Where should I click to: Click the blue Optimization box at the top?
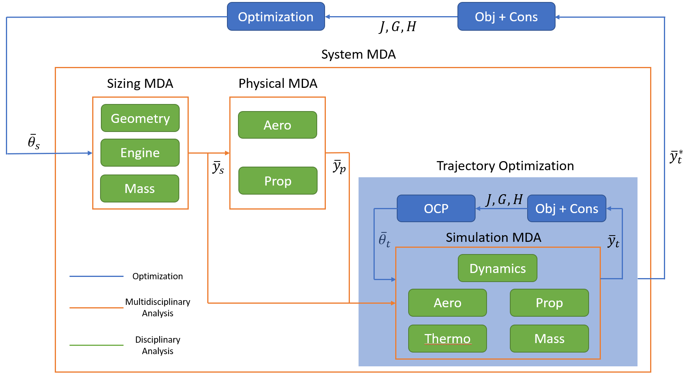[x=276, y=17]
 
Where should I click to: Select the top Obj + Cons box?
[x=506, y=17]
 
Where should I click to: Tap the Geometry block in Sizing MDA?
[x=140, y=118]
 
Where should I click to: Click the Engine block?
[x=140, y=153]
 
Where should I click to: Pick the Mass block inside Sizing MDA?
[x=140, y=189]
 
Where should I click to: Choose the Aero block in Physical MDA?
[x=277, y=125]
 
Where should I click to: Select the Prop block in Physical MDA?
[x=278, y=181]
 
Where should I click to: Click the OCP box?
[x=436, y=208]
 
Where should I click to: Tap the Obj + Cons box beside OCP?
[x=567, y=208]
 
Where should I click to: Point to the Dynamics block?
[x=498, y=268]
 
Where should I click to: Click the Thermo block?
[x=448, y=339]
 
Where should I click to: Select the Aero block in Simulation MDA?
[x=448, y=303]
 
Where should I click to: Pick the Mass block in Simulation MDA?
[x=549, y=339]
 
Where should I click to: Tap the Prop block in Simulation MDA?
[x=549, y=303]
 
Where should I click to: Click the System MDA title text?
[x=359, y=54]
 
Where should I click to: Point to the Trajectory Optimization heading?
[x=505, y=166]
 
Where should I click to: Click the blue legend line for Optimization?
[x=97, y=277]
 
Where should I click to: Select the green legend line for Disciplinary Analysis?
[x=97, y=345]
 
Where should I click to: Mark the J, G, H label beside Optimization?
[x=398, y=27]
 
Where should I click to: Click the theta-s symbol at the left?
[x=33, y=142]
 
